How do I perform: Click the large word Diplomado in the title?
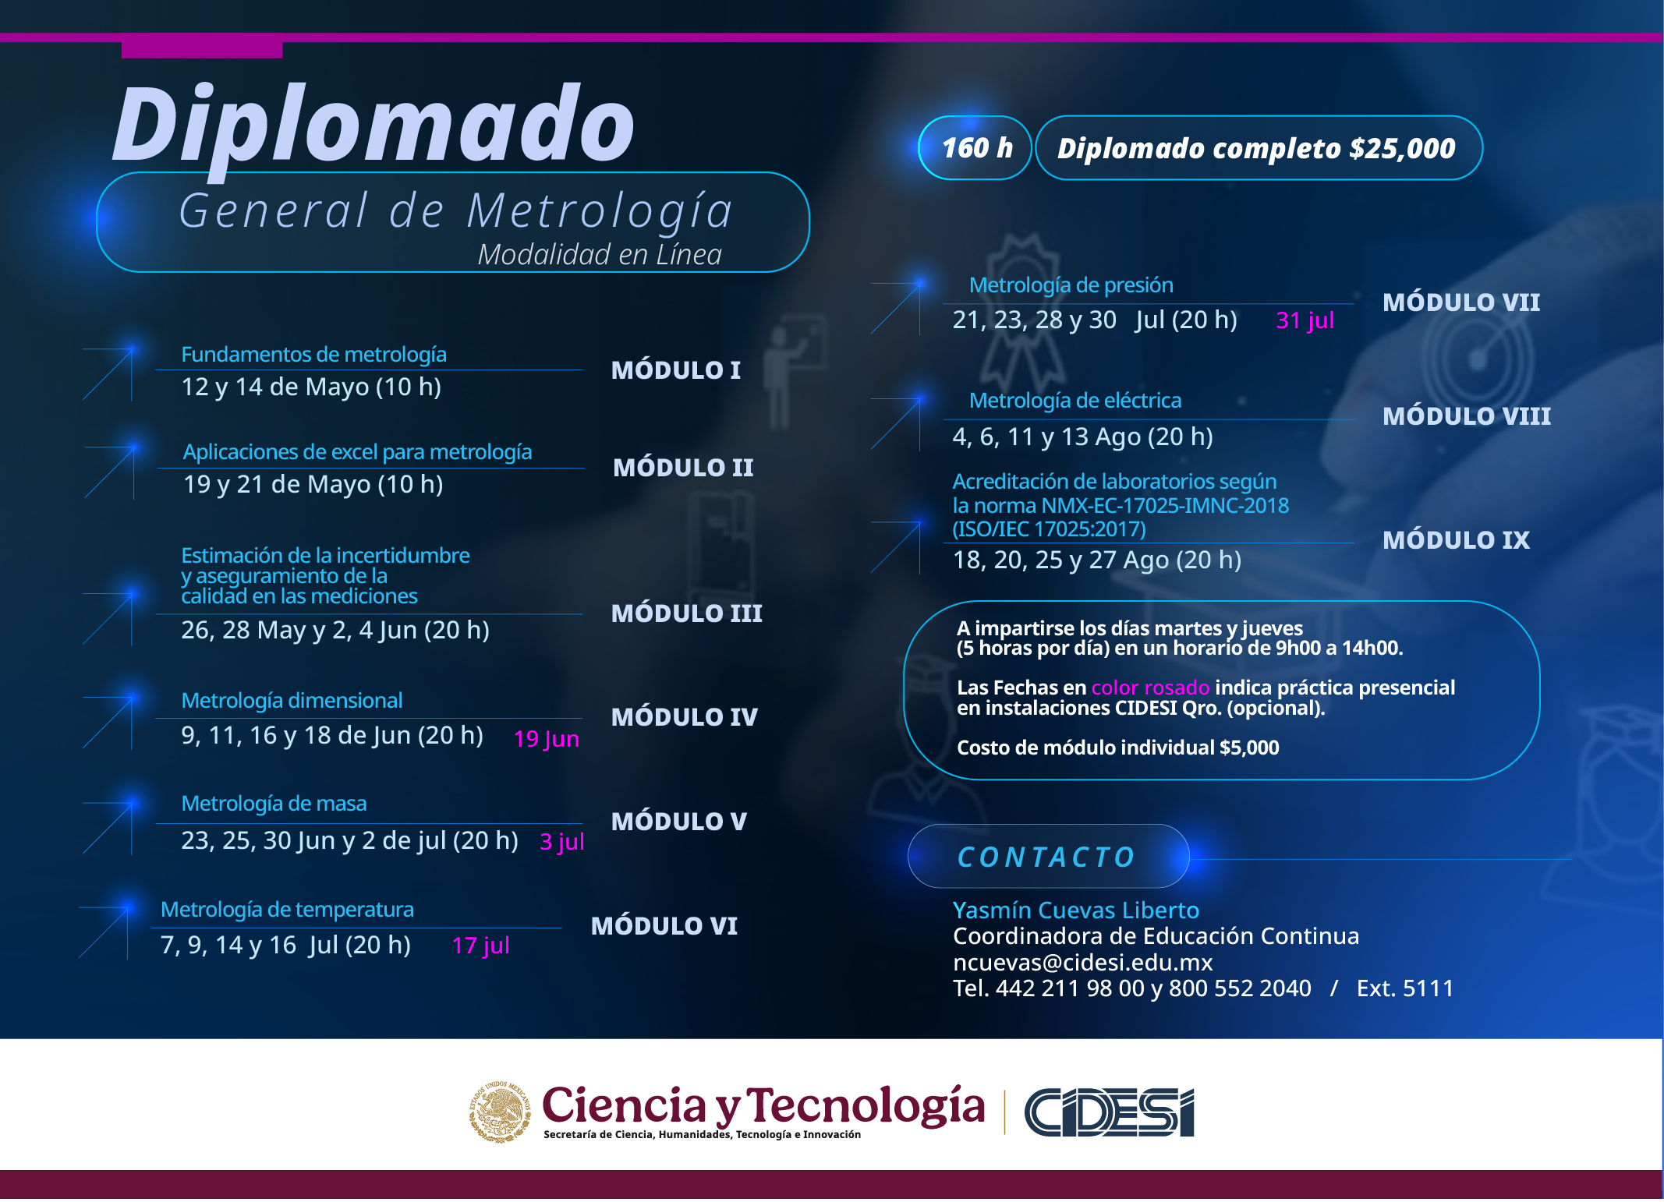point(374,125)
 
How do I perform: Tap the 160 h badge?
point(975,148)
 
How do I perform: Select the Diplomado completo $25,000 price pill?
point(1259,148)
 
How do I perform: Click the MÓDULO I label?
point(675,369)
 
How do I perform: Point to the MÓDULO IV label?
point(684,716)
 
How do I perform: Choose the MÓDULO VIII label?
point(1466,415)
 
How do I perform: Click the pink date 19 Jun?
point(546,738)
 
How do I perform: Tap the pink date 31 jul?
point(1305,320)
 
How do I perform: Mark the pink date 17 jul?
point(480,946)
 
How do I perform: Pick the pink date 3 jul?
point(561,842)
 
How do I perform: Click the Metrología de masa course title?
point(274,803)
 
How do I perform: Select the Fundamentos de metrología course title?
point(313,355)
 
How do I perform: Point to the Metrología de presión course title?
point(1071,285)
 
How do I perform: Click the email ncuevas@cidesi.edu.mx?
point(1082,962)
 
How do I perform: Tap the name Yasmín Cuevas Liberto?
point(1075,910)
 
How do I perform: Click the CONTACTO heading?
point(1046,857)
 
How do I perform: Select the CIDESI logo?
point(1109,1112)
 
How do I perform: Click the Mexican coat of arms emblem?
point(500,1112)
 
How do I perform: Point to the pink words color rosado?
point(1150,688)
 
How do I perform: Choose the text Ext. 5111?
point(1405,988)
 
